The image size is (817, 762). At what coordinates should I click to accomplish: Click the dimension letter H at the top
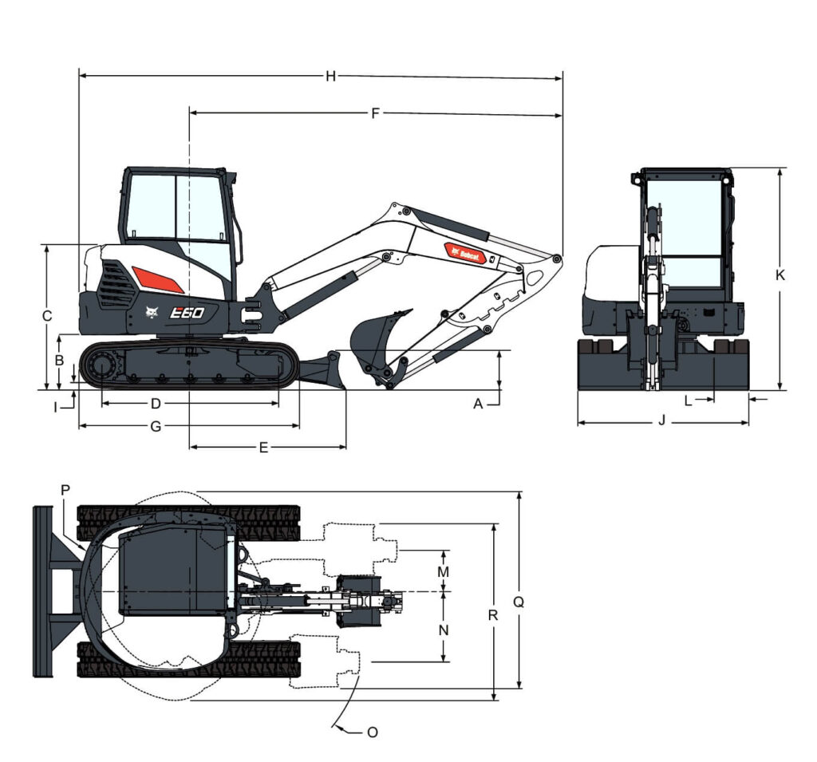click(x=330, y=77)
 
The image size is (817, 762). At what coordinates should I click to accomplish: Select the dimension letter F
click(x=375, y=113)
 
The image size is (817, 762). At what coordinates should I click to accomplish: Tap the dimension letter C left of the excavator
click(x=47, y=316)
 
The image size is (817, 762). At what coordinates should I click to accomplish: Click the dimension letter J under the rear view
click(x=661, y=420)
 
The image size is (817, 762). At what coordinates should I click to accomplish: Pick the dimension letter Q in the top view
click(x=518, y=603)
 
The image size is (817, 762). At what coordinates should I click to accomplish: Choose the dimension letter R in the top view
click(x=493, y=615)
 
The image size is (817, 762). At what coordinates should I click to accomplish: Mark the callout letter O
click(x=372, y=731)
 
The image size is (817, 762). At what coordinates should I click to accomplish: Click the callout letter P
click(x=65, y=488)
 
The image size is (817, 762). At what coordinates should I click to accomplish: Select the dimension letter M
click(x=444, y=571)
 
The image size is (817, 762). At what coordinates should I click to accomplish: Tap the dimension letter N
click(x=444, y=630)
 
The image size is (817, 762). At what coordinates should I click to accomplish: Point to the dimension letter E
click(x=263, y=448)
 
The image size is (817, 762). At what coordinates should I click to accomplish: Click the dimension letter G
click(x=156, y=426)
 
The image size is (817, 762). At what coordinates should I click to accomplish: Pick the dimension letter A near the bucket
click(x=479, y=404)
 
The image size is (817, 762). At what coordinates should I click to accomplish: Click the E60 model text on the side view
click(x=188, y=313)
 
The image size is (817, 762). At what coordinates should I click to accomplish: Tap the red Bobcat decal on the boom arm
click(x=466, y=254)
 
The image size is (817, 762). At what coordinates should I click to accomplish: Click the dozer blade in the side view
click(x=327, y=371)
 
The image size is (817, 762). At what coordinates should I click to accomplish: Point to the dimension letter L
click(x=688, y=401)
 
